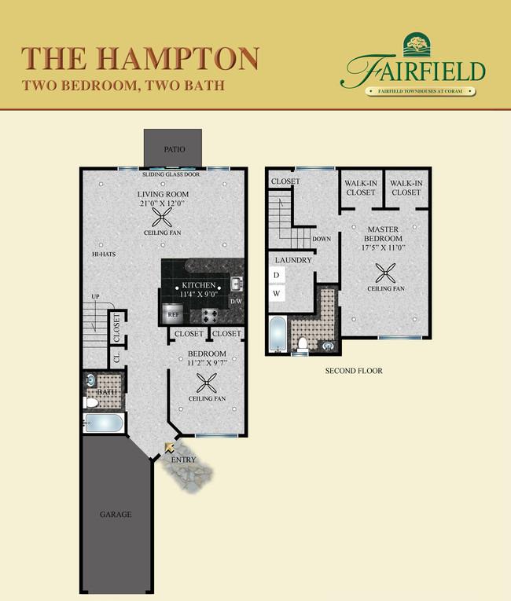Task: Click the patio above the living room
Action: click(x=172, y=148)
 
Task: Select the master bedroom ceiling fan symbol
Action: click(x=386, y=273)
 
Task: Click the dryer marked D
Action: click(x=277, y=275)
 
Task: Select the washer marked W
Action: click(x=277, y=293)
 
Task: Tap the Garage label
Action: click(x=115, y=515)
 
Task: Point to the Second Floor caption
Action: click(x=354, y=370)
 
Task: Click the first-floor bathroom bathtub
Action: click(x=104, y=424)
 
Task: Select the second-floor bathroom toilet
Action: click(x=303, y=343)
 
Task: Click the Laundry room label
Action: click(x=293, y=260)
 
